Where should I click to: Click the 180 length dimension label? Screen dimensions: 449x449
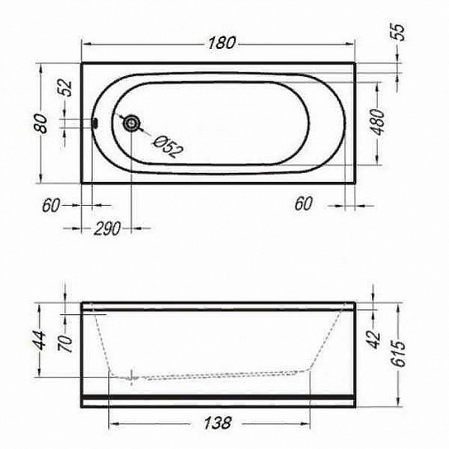click(x=222, y=43)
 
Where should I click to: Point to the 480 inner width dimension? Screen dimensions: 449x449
click(x=378, y=122)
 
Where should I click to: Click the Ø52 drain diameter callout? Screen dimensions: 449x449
click(x=168, y=146)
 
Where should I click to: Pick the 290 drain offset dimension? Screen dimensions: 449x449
click(x=107, y=228)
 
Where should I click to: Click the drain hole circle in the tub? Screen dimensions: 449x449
click(x=131, y=123)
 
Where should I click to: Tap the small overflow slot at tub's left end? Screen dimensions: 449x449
click(x=95, y=123)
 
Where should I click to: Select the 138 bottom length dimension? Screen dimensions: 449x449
click(x=217, y=423)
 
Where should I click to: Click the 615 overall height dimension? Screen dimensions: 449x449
click(x=399, y=354)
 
